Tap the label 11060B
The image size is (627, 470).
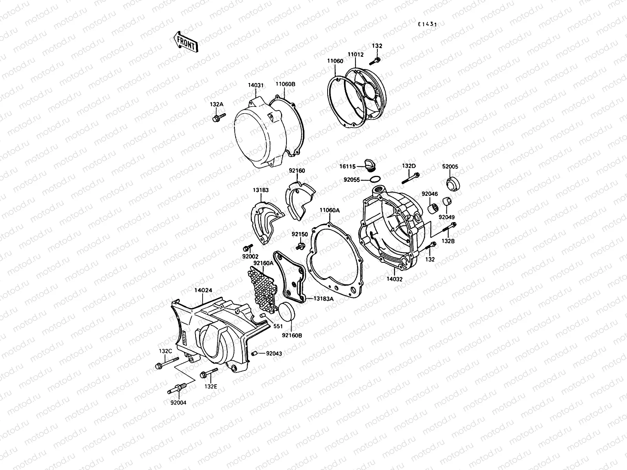[x=285, y=84]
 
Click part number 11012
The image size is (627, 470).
[x=355, y=55]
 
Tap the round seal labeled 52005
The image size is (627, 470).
[x=453, y=183]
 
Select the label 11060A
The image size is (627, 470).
[x=329, y=210]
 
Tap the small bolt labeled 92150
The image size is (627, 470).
[x=301, y=246]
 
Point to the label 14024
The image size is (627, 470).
[x=203, y=291]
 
